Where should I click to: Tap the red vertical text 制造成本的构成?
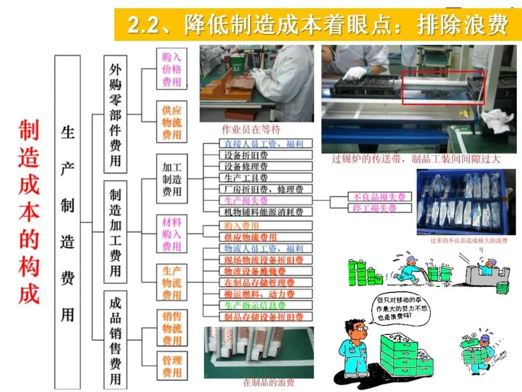(x=29, y=212)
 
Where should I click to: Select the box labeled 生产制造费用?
(x=67, y=222)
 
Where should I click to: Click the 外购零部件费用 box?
(x=115, y=114)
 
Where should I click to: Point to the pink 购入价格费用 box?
(x=172, y=69)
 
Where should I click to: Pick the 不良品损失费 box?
(x=379, y=196)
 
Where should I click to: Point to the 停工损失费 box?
(x=379, y=208)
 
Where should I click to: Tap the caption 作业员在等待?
(x=251, y=129)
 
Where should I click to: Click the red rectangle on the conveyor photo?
(x=443, y=87)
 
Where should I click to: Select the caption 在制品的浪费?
(x=268, y=382)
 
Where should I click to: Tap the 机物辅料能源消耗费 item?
(x=259, y=211)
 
